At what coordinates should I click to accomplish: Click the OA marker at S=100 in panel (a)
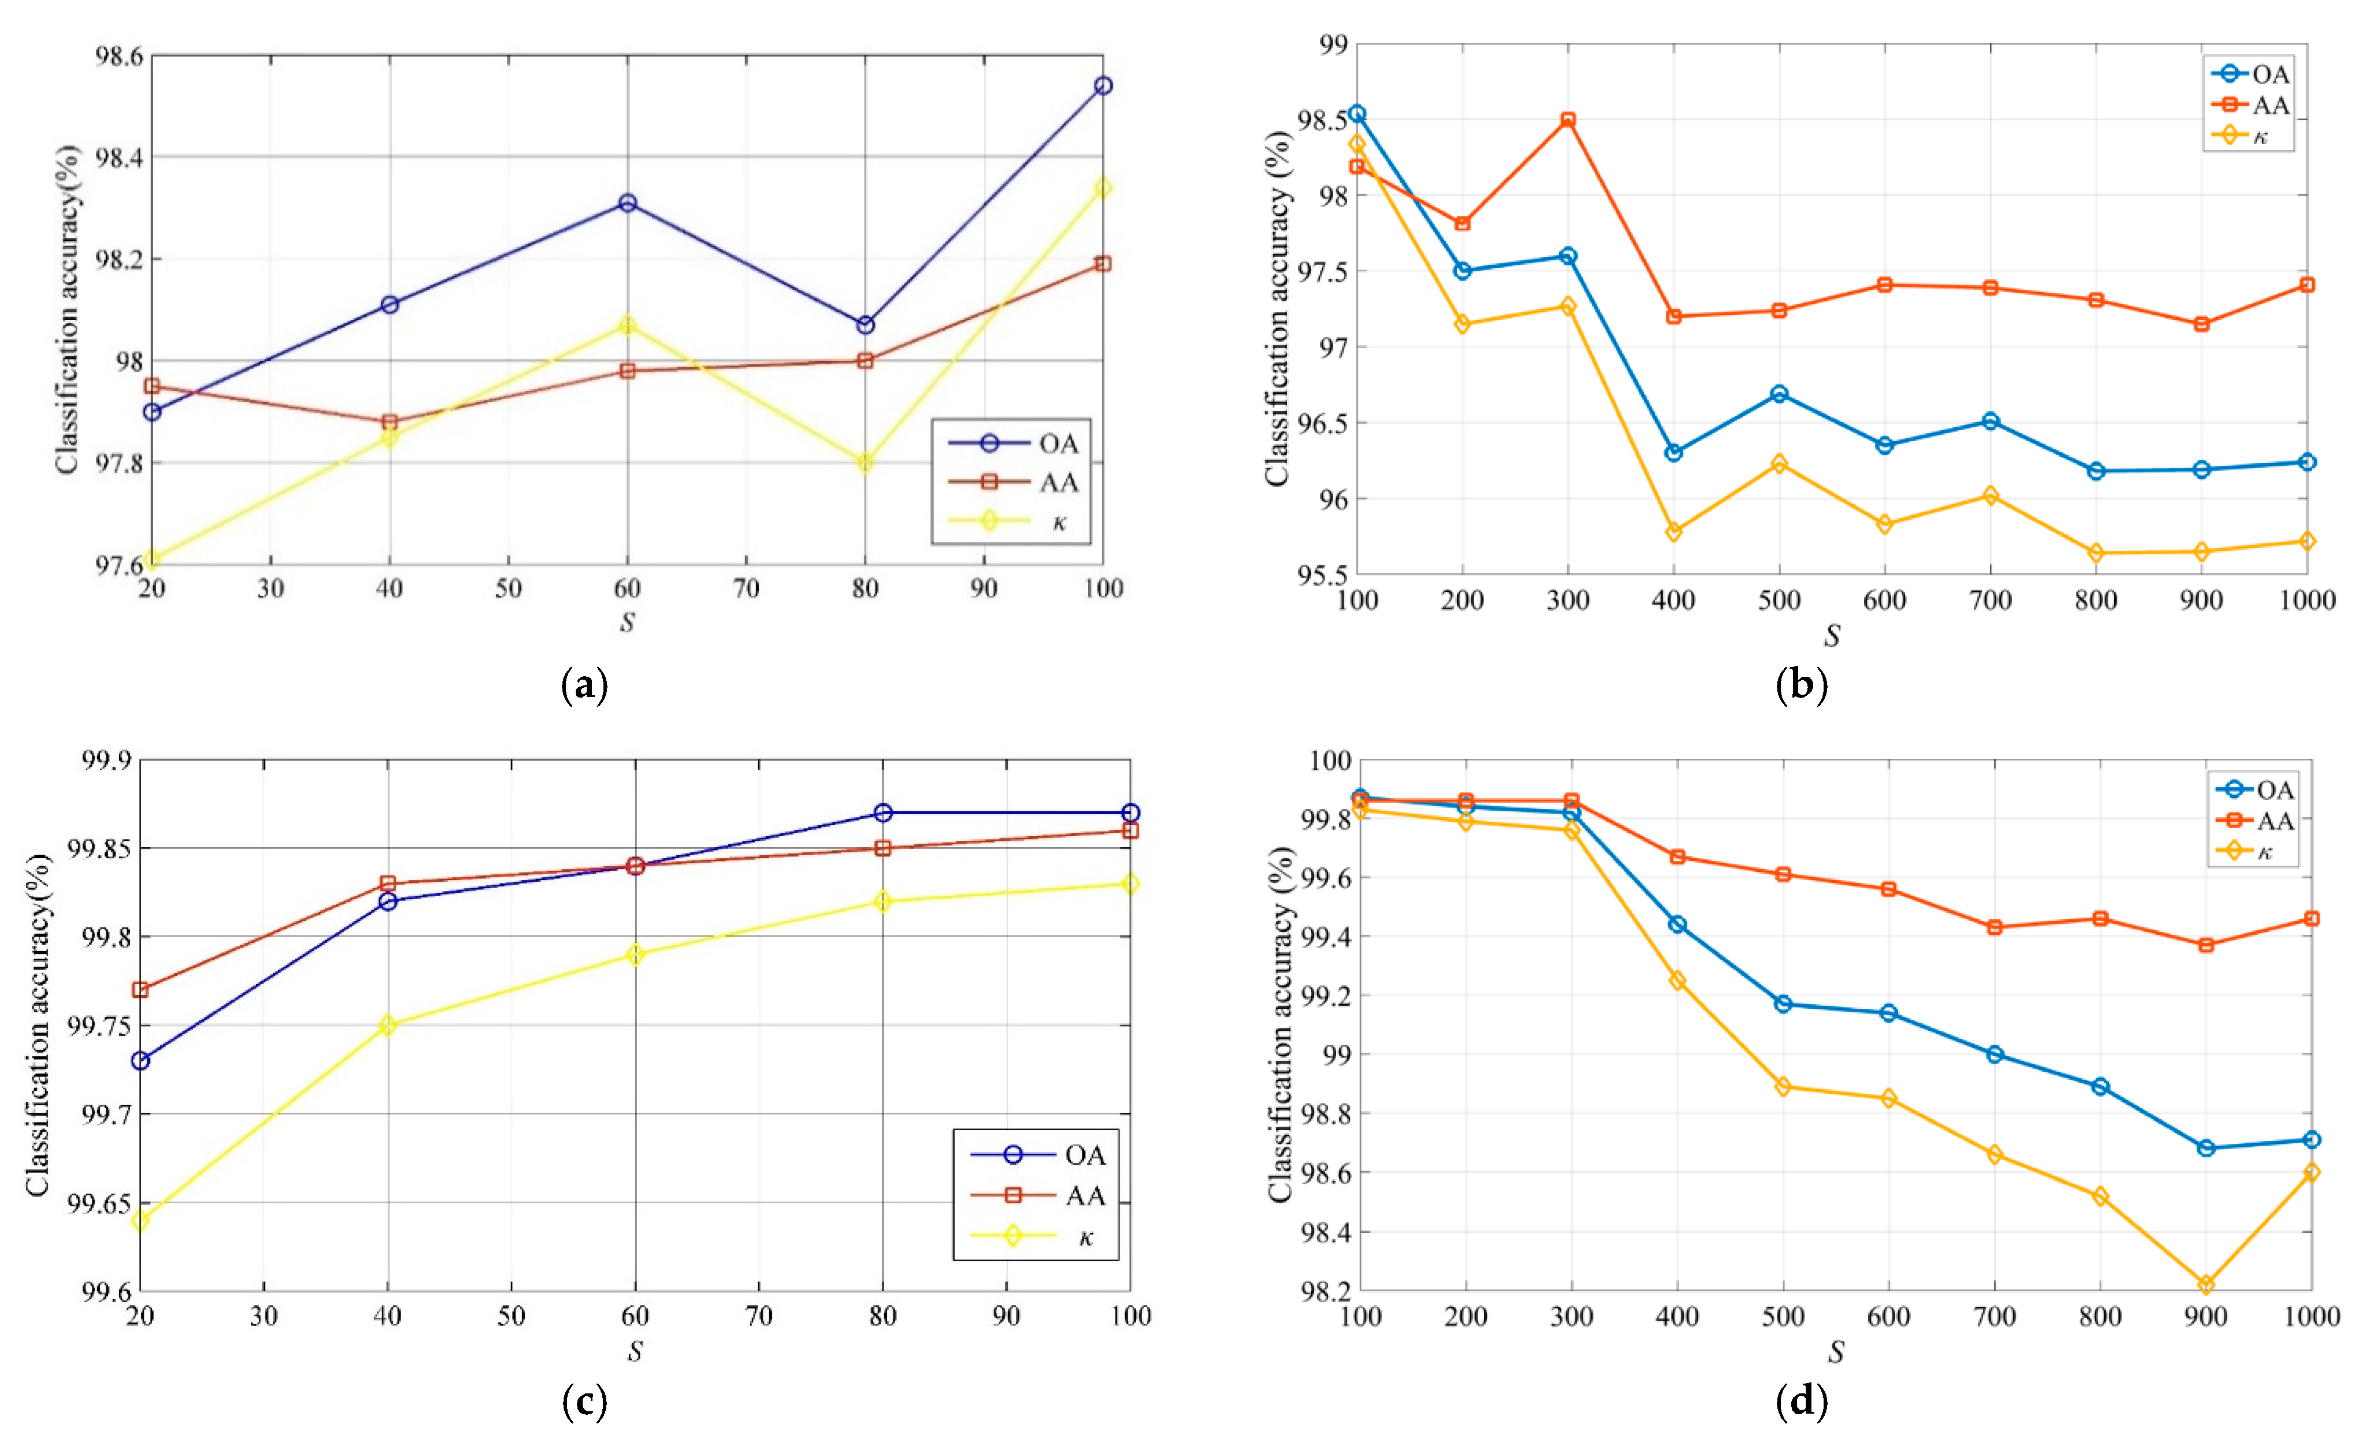tap(1103, 85)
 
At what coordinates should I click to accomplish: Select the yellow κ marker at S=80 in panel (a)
tap(865, 463)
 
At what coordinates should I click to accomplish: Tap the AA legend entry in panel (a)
tap(1058, 482)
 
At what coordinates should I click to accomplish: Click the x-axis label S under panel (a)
tap(627, 623)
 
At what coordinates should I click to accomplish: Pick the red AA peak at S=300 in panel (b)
tap(1568, 120)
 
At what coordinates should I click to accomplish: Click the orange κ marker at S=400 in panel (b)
tap(1673, 531)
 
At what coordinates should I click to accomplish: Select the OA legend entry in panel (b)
tap(2269, 74)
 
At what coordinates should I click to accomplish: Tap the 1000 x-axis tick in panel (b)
tap(2306, 601)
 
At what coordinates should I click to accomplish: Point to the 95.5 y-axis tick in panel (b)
tap(1323, 575)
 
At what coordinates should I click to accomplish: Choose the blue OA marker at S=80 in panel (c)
tap(882, 813)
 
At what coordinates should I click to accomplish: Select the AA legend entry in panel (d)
tap(2275, 821)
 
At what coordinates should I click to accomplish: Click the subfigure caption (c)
tap(584, 1403)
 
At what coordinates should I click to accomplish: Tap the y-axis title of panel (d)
tap(1280, 1025)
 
